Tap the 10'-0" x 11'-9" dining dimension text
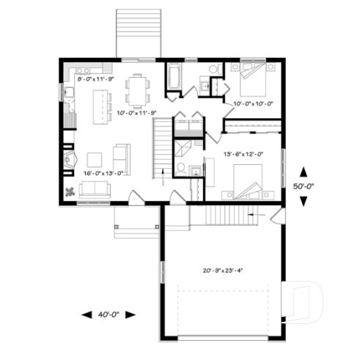coord(138,112)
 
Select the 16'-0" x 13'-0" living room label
coord(103,173)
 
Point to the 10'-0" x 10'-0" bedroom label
coord(253,104)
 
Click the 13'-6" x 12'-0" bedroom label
coord(243,154)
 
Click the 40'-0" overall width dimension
coord(109,315)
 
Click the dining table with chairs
coord(137,89)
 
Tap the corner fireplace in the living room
coord(70,161)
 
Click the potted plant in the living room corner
coord(71,192)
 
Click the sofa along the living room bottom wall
coord(95,190)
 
